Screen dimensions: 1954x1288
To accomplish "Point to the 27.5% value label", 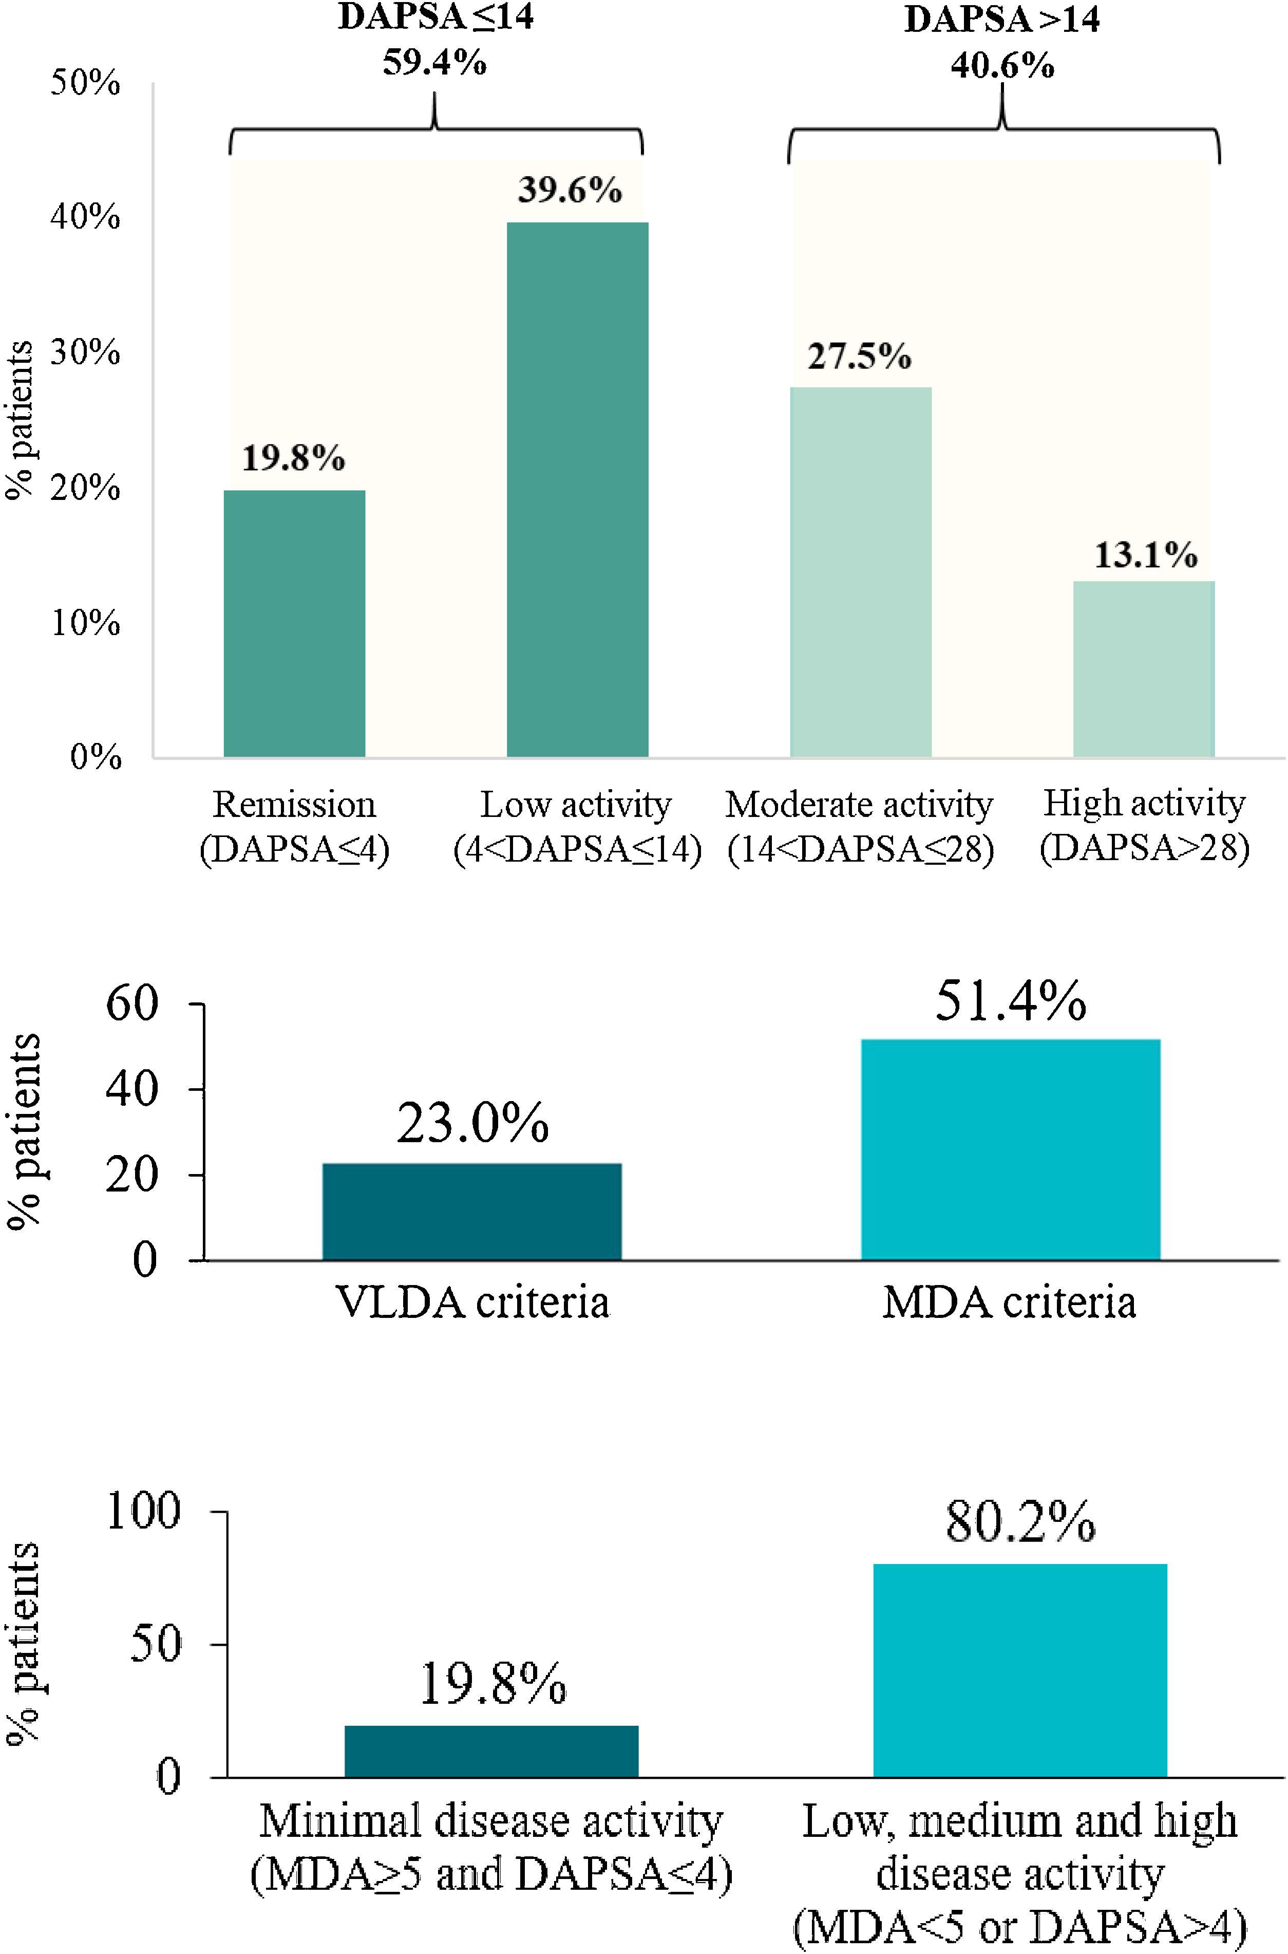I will (859, 357).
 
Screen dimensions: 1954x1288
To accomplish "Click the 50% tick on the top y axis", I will (85, 83).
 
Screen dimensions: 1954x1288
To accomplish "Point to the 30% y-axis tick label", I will (85, 353).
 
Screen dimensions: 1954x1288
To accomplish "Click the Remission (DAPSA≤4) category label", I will (294, 827).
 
